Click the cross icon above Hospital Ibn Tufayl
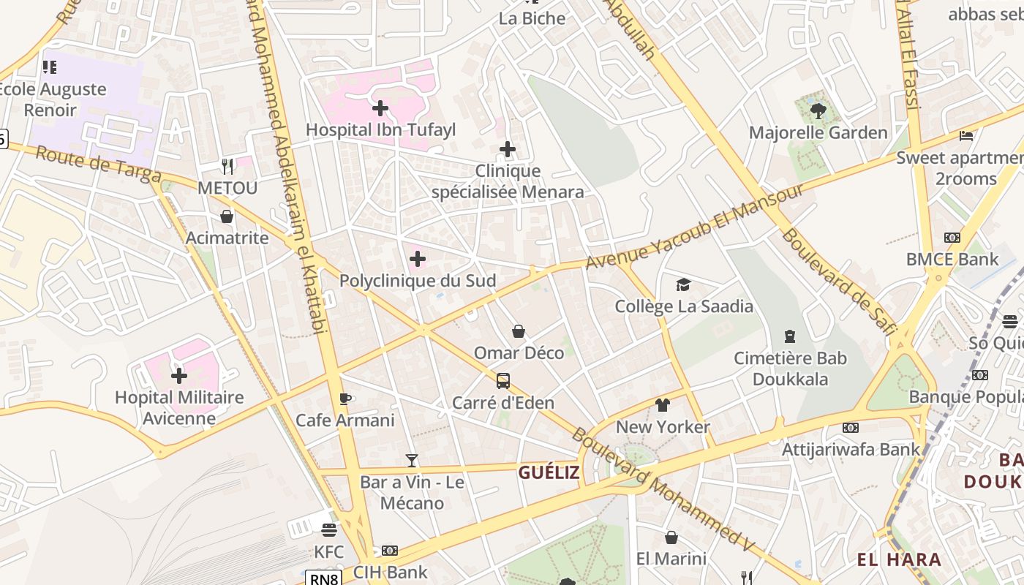point(380,109)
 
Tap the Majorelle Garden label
point(818,133)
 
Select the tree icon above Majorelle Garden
point(818,111)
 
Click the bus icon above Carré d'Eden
point(503,380)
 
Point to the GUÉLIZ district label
point(549,472)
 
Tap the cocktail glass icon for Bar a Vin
point(412,460)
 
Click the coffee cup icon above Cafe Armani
point(345,399)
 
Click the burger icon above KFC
point(328,529)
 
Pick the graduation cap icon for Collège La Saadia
point(683,284)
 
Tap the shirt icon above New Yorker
point(663,404)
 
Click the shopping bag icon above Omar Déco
point(519,331)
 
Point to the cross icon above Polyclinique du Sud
point(418,259)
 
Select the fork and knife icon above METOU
point(227,166)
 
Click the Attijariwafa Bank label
point(851,449)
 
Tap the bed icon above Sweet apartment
point(966,135)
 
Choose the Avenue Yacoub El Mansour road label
point(695,226)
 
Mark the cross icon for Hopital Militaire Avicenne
point(179,376)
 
